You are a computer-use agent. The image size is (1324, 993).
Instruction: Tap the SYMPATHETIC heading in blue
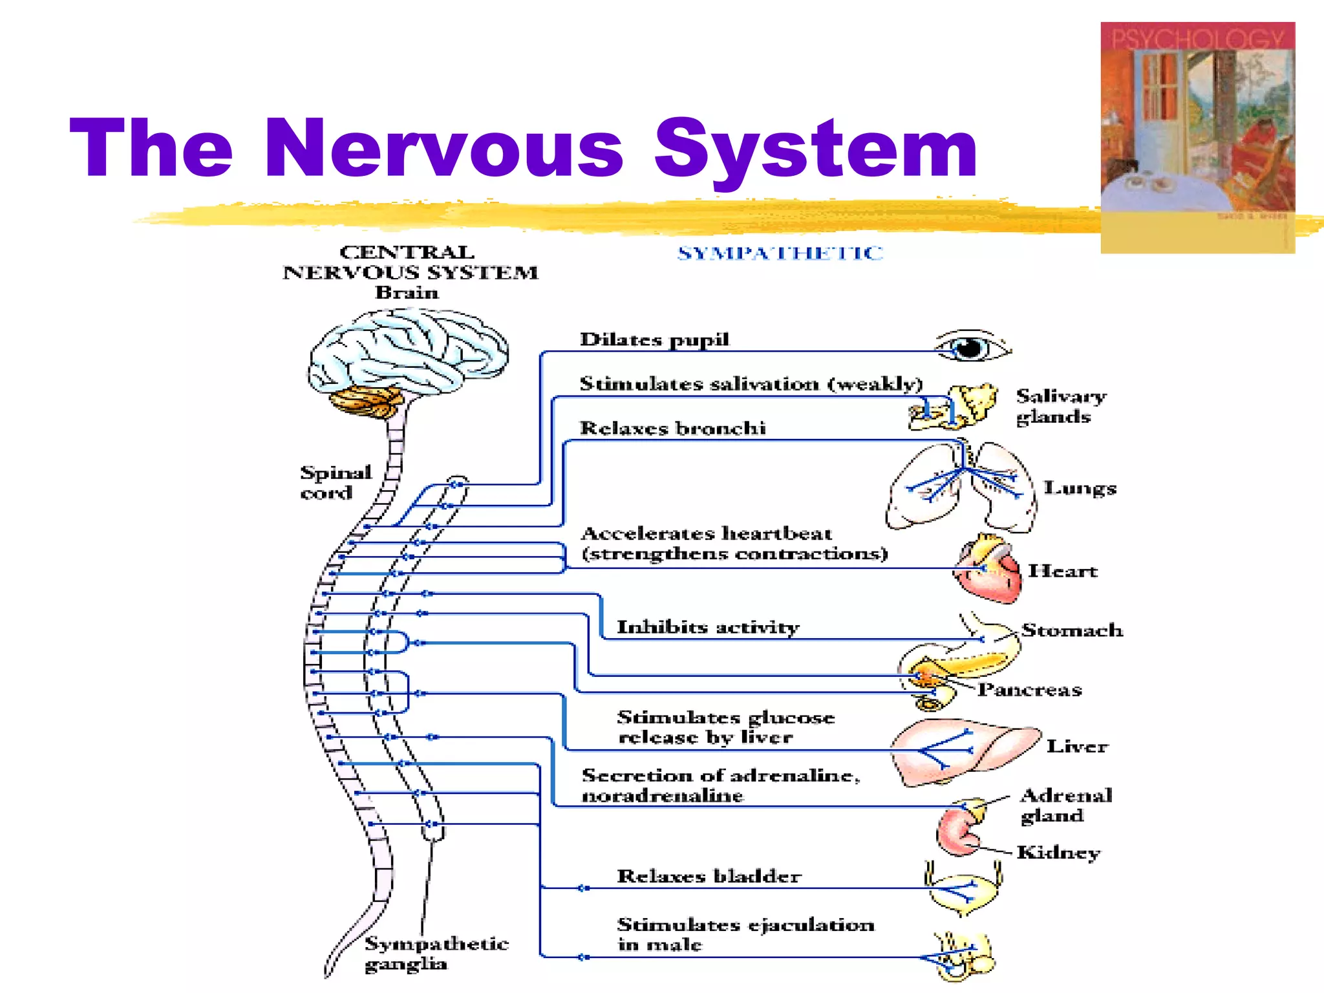pos(780,253)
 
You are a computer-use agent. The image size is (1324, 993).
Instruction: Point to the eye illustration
pos(972,347)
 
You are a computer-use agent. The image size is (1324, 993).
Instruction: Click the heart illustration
pos(989,569)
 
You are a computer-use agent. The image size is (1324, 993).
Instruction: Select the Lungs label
pos(1080,489)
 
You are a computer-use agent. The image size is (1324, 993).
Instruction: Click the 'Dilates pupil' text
pos(654,339)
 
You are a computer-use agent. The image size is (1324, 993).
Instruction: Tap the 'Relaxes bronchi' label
pos(672,428)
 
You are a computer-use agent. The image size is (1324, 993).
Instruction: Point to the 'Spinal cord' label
pos(335,482)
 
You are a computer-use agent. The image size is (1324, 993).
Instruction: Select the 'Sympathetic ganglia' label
pos(436,954)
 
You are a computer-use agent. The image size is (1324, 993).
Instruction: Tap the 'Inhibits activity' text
pos(708,627)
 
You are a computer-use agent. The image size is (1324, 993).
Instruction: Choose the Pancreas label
pos(1029,690)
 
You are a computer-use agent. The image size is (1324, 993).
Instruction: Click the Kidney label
pos(1058,853)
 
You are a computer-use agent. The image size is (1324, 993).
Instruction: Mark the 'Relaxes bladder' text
pos(709,877)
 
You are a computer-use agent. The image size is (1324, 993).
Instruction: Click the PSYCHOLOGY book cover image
pos(1197,137)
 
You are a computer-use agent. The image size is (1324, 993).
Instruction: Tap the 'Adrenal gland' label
pos(1065,805)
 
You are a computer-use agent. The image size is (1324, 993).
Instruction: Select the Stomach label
pos(1072,630)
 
